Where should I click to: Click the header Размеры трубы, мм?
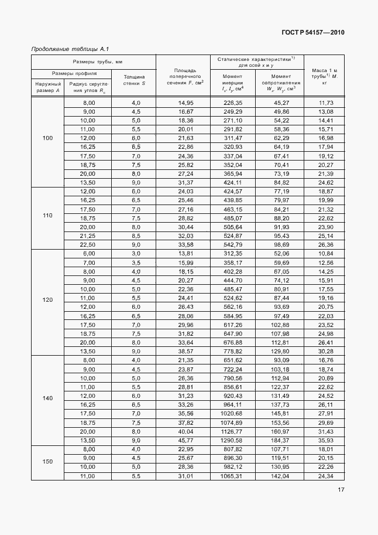click(x=94, y=62)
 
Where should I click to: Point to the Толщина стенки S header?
click(x=135, y=80)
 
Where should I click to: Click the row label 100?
click(x=47, y=138)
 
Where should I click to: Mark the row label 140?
click(x=47, y=398)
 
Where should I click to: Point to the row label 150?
click(x=47, y=462)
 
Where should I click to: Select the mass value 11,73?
click(x=326, y=103)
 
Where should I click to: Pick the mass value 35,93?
click(x=326, y=439)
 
